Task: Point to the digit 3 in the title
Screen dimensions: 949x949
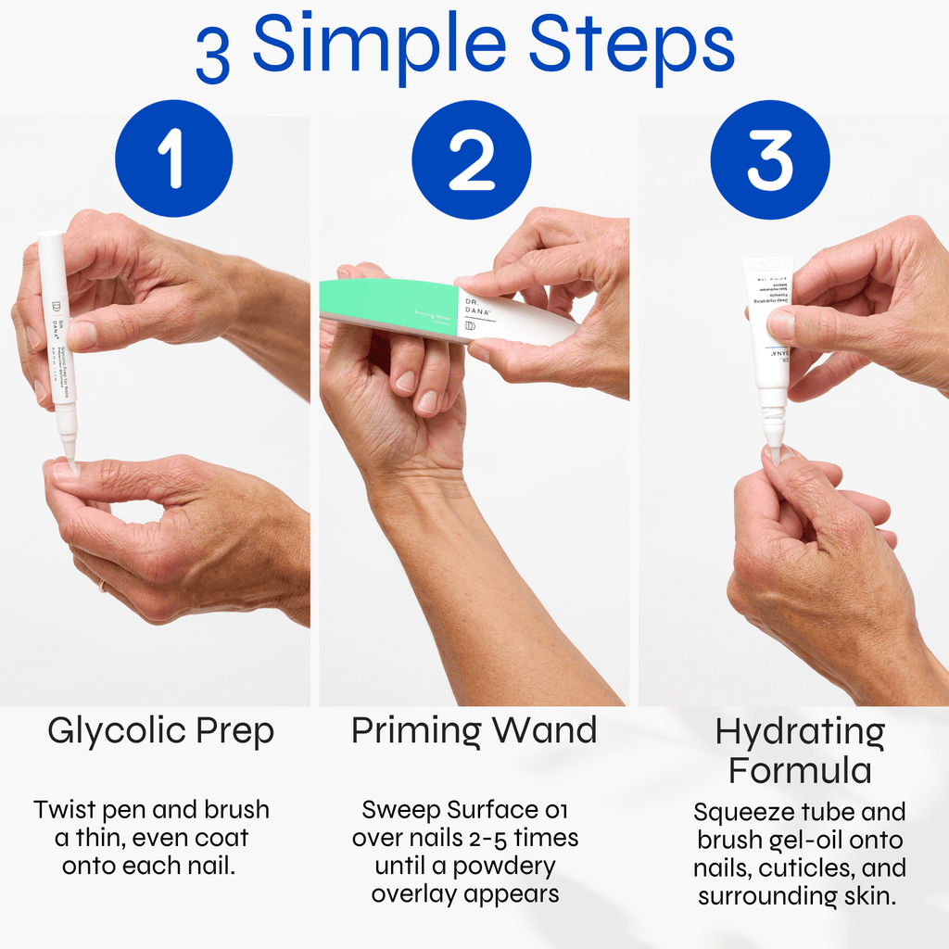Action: [x=214, y=54]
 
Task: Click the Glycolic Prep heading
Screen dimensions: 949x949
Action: [x=160, y=731]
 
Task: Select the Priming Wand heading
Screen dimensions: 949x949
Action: [x=474, y=731]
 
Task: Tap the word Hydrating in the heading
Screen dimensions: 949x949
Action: [x=800, y=733]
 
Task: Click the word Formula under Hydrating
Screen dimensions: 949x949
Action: [x=800, y=770]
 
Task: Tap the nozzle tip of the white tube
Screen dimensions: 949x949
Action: [x=775, y=451]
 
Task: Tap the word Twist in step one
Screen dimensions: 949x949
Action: [x=65, y=809]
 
